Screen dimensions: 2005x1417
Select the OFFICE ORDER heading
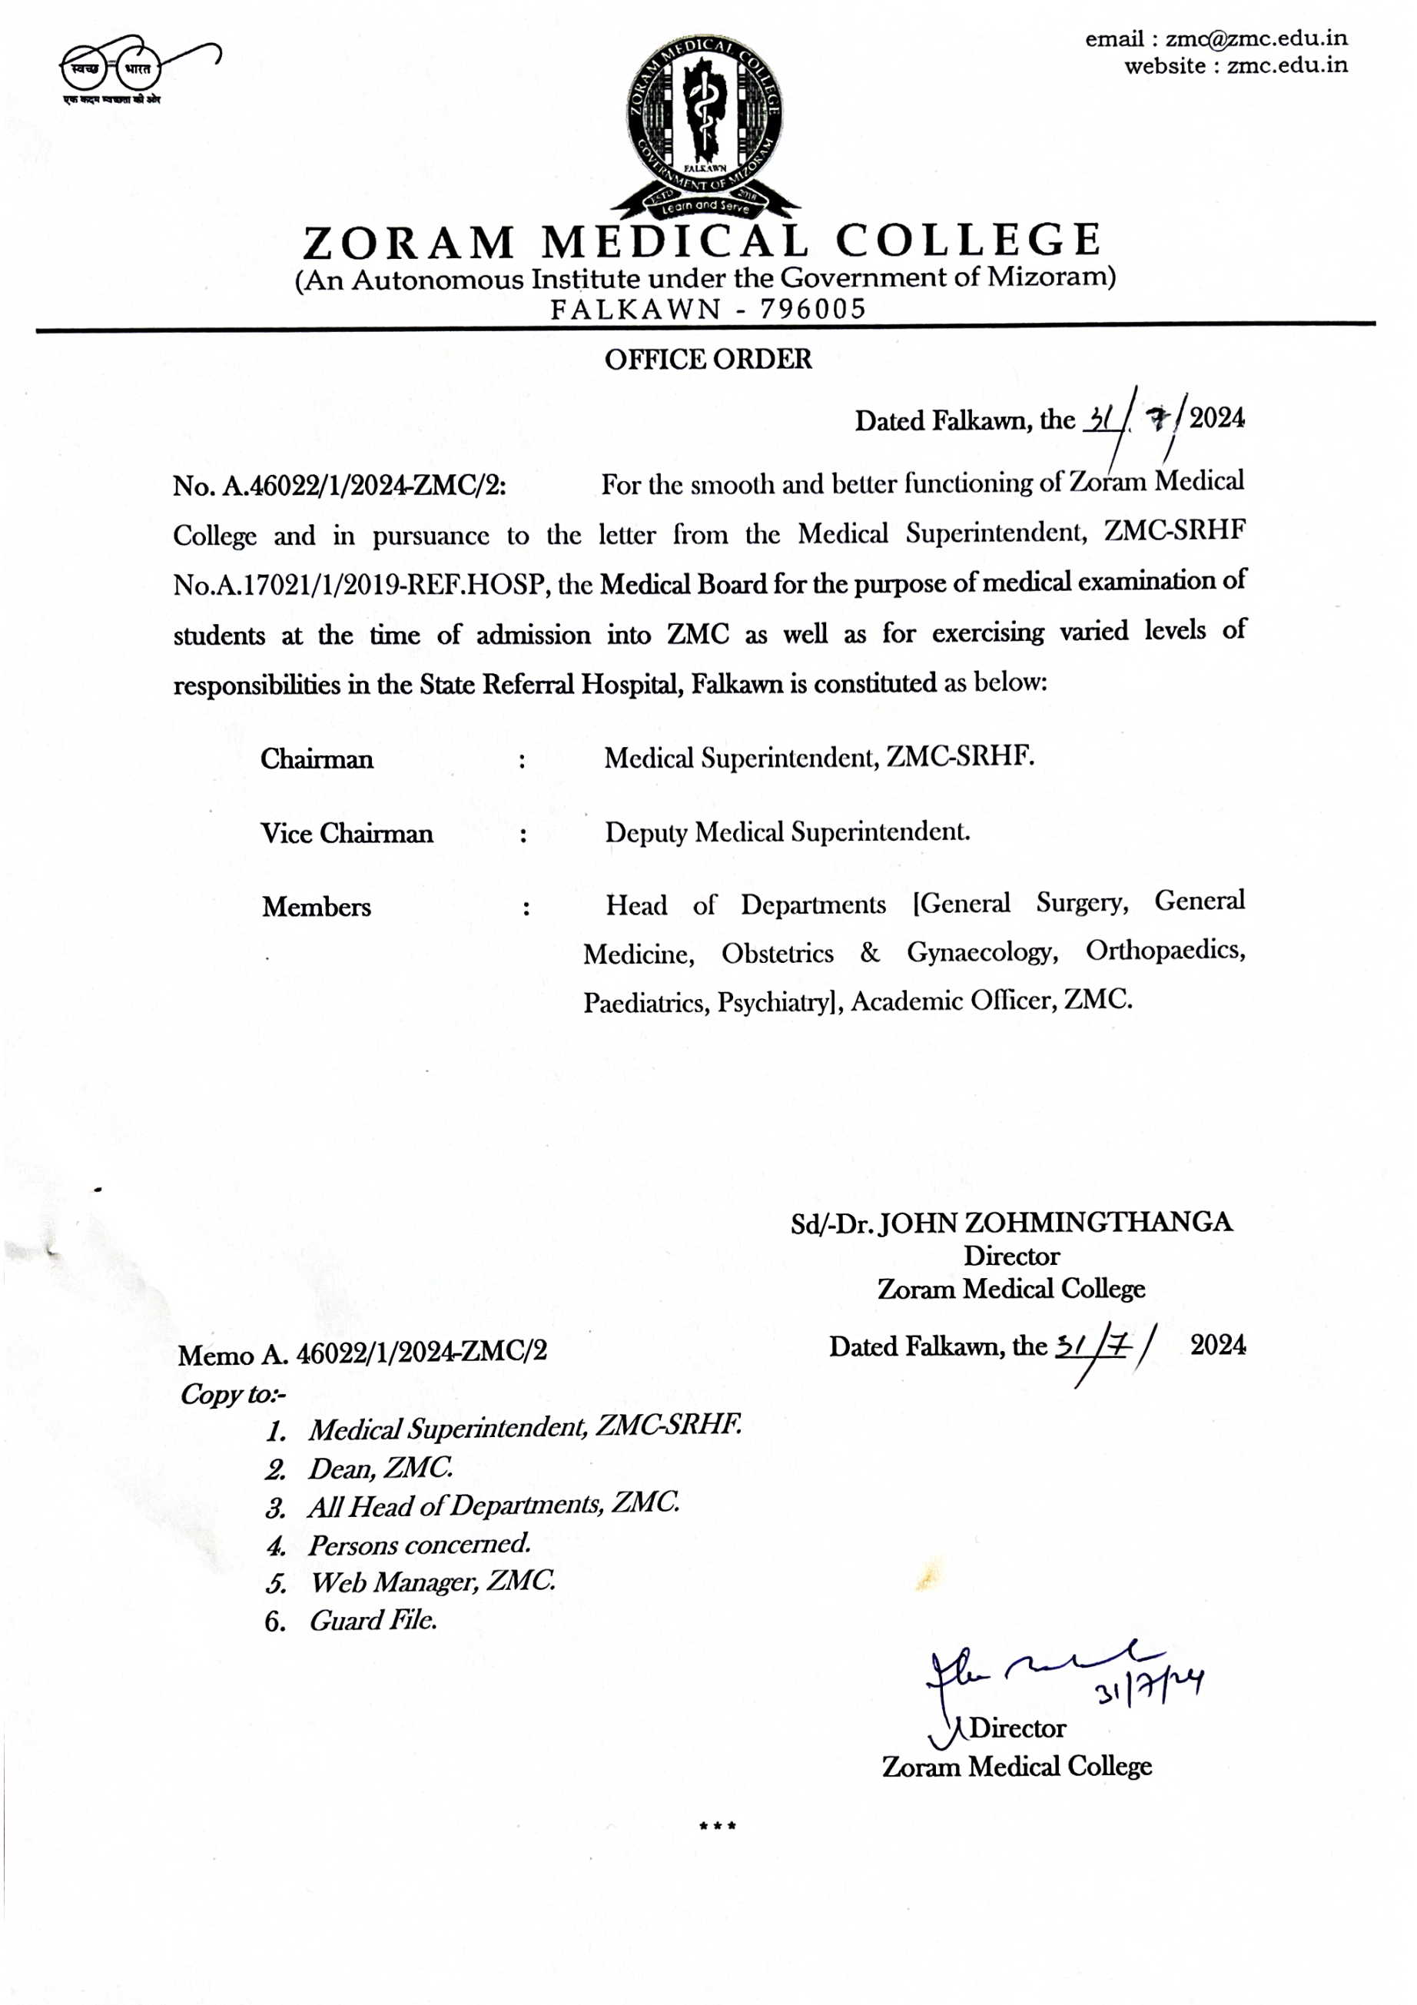tap(708, 359)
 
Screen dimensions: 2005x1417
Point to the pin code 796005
tap(812, 308)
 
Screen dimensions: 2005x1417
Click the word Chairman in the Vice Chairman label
tap(377, 833)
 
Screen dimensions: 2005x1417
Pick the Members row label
tap(316, 908)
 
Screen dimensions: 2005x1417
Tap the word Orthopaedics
tap(1165, 950)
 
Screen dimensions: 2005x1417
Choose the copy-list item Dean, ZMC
tap(380, 1468)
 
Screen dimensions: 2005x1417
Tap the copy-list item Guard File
tap(373, 1621)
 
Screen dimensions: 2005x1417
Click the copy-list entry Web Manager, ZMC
tap(432, 1582)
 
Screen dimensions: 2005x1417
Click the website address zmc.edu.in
tap(1287, 65)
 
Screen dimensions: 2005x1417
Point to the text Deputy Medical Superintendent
tap(787, 832)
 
